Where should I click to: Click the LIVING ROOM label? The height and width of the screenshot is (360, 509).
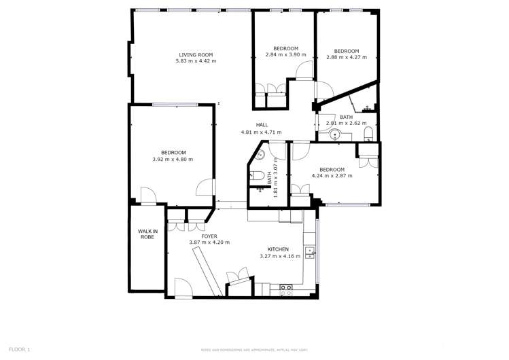[x=196, y=55]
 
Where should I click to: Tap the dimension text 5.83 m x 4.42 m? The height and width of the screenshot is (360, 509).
[x=196, y=61]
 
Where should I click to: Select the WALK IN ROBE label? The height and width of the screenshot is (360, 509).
[x=148, y=234]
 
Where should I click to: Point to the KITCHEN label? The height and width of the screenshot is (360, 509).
[x=278, y=249]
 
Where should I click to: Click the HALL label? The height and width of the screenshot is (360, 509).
[x=262, y=125]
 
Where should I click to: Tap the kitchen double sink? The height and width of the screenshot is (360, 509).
[x=310, y=253]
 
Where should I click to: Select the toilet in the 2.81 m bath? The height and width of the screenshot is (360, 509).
[x=368, y=132]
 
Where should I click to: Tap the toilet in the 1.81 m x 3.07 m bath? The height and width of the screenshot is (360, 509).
[x=253, y=176]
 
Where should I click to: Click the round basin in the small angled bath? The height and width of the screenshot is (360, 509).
[x=260, y=154]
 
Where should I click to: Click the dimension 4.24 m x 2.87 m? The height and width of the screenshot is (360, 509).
[x=332, y=176]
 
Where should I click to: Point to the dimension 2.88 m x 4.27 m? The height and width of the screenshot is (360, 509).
[x=347, y=58]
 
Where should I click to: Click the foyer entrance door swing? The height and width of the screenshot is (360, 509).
[x=183, y=287]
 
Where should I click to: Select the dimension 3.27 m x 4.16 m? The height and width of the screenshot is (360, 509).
[x=278, y=256]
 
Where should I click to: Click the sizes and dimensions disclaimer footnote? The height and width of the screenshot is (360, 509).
[x=254, y=350]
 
